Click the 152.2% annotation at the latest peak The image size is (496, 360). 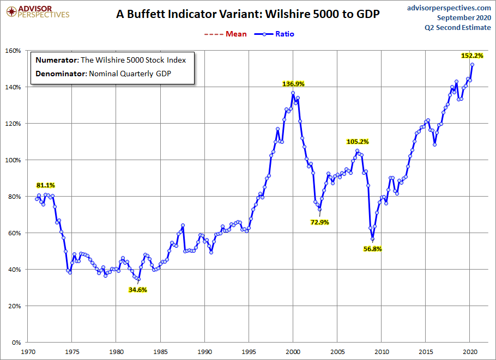[472, 56]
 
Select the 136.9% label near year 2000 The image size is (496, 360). [293, 84]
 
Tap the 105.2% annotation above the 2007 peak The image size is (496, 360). [358, 142]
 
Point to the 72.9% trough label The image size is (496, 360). [320, 222]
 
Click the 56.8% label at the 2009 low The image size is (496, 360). [373, 249]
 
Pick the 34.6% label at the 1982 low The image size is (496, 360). [137, 290]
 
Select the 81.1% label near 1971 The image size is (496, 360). [46, 185]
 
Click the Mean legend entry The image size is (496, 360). [227, 34]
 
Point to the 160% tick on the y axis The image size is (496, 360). [13, 51]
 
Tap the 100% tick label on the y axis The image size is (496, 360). [13, 160]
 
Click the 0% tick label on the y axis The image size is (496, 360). [16, 343]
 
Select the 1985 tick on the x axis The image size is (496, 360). [160, 352]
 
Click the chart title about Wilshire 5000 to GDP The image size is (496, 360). [247, 15]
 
